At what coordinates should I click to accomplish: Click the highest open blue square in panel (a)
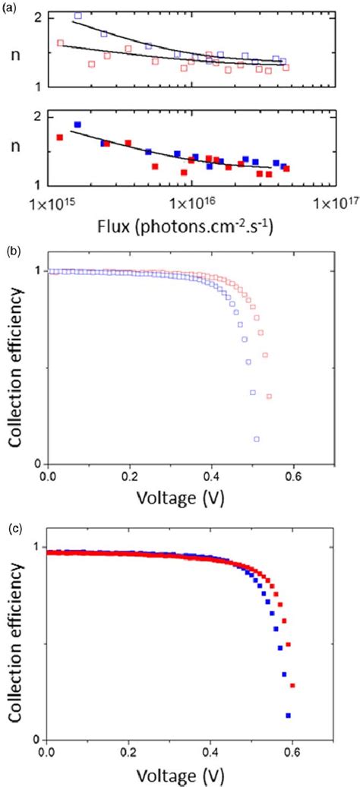point(78,15)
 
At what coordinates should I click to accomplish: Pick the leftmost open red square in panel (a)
point(61,43)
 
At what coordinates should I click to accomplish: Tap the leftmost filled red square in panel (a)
point(59,137)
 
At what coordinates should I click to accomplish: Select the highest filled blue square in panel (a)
point(77,125)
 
